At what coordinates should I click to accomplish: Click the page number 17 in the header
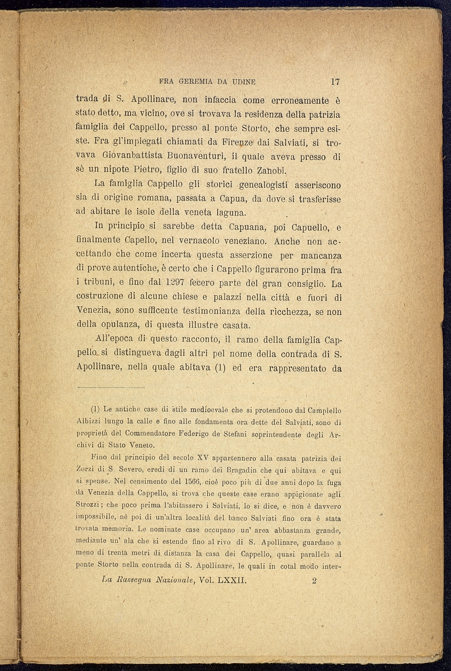[335, 82]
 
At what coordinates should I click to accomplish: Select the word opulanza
[115, 325]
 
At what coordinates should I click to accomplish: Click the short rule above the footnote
[111, 388]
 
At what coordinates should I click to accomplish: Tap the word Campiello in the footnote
[324, 410]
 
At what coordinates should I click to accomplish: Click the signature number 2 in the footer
[314, 581]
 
